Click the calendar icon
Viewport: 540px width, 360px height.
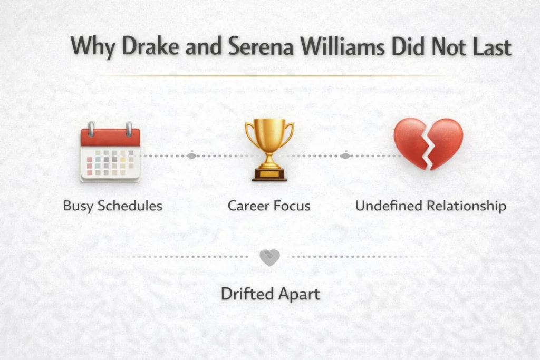point(110,153)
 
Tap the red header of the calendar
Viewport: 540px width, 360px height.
point(110,138)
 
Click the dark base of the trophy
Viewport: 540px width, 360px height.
point(269,176)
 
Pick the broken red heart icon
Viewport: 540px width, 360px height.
point(428,143)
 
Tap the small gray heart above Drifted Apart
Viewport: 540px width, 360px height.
point(269,257)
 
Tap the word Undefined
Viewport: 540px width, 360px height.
point(384,206)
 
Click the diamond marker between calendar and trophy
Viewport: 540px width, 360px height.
point(191,156)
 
